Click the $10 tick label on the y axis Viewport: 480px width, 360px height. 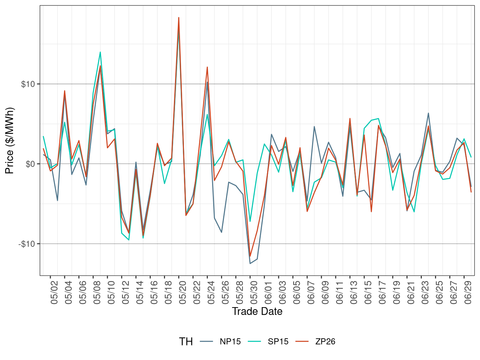click(x=28, y=84)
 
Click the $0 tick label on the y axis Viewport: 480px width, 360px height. click(x=30, y=164)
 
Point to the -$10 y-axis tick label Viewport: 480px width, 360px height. click(x=27, y=244)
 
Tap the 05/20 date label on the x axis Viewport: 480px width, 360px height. click(x=182, y=292)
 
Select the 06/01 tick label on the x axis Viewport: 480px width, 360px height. click(x=268, y=292)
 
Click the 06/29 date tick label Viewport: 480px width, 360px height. click(x=468, y=292)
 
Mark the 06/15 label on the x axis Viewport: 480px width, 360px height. click(x=368, y=292)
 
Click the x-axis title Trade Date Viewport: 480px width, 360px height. click(x=257, y=311)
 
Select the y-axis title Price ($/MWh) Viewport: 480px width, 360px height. click(x=10, y=140)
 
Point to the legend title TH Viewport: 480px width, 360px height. click(x=186, y=342)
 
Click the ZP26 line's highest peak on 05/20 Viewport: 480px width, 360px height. click(x=179, y=17)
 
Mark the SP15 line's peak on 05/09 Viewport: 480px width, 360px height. click(x=100, y=52)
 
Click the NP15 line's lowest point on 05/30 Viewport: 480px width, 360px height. click(x=250, y=264)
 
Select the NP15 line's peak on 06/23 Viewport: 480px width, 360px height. click(x=428, y=113)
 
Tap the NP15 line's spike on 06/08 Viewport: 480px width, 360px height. click(x=314, y=126)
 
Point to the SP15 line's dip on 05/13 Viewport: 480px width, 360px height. click(x=129, y=240)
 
